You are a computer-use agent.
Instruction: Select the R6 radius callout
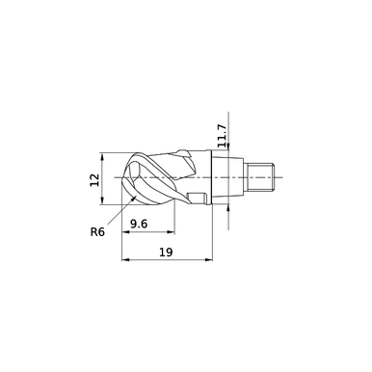coord(97,230)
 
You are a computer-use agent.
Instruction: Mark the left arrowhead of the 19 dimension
coord(125,259)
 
